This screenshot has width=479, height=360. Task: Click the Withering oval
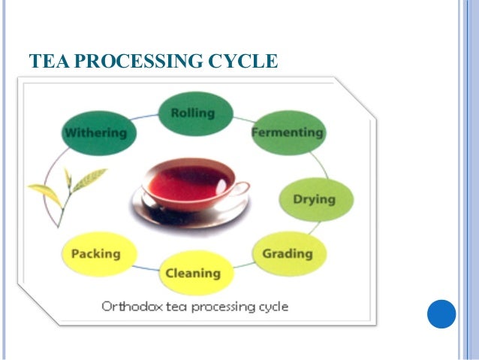95,133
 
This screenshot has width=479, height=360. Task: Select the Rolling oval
193,113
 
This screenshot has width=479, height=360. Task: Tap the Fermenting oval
287,132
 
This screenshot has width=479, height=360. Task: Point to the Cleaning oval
193,272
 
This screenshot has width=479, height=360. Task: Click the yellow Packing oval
95,254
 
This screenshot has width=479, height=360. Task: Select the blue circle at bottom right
441,314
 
